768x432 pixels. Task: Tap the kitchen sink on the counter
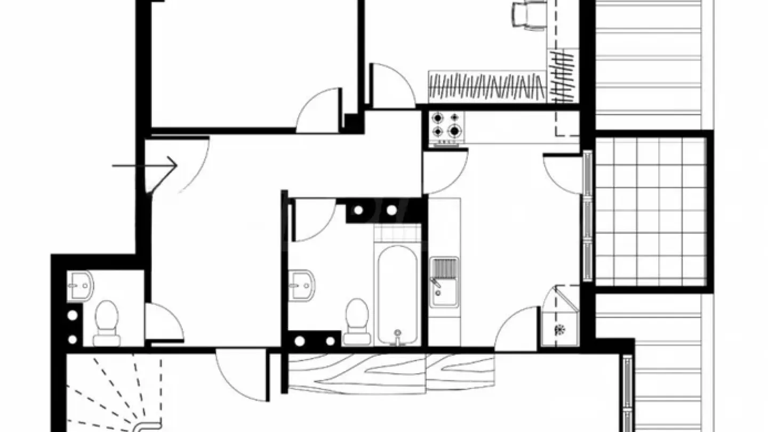pos(444,282)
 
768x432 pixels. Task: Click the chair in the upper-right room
pos(530,15)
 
